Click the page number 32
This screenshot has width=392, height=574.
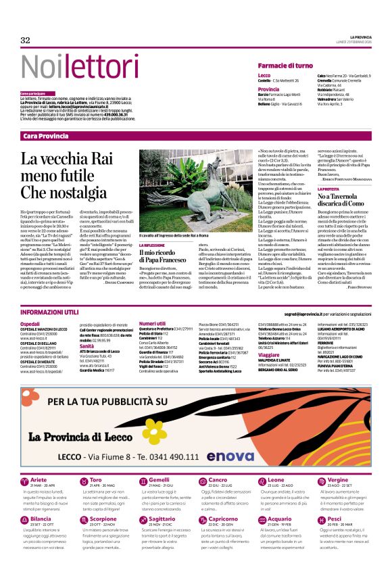click(26, 40)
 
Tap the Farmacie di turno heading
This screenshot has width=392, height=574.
click(285, 65)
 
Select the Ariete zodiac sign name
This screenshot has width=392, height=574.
click(39, 479)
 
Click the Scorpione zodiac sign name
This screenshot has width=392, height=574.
click(103, 519)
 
